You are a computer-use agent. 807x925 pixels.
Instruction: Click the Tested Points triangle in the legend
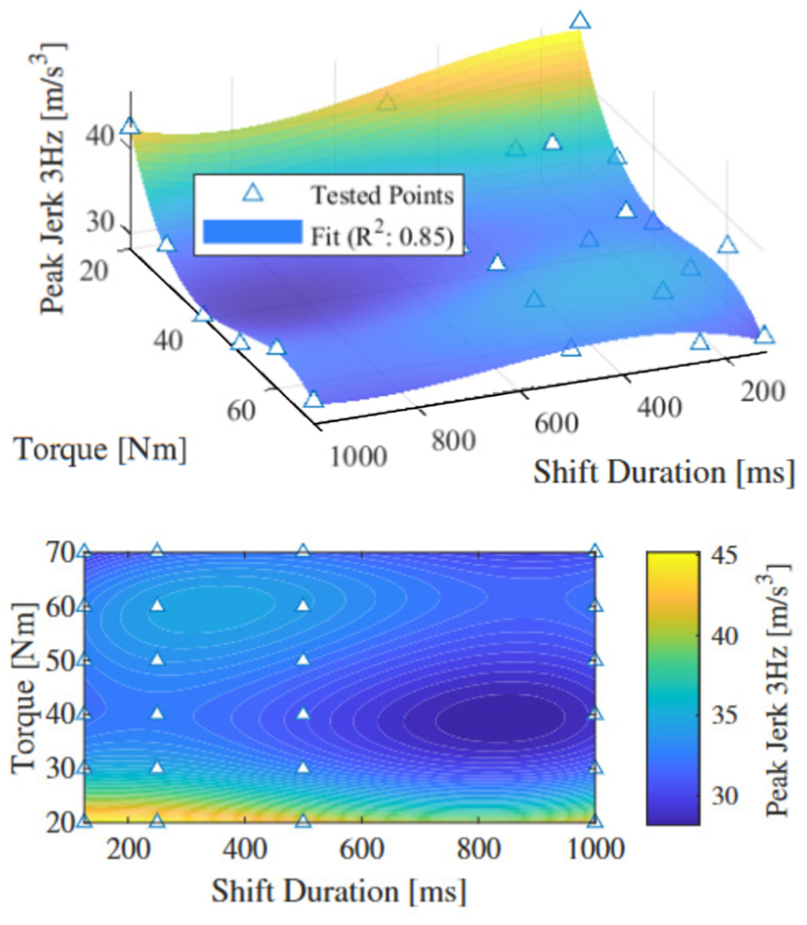click(254, 193)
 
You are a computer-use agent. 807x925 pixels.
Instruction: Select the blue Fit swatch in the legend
click(253, 232)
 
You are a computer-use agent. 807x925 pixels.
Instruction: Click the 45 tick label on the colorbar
click(724, 556)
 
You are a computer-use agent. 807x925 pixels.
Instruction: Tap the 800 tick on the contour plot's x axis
click(479, 850)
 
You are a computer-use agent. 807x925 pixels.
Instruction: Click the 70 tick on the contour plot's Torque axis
click(59, 553)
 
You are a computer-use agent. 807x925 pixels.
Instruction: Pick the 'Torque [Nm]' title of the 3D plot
click(100, 450)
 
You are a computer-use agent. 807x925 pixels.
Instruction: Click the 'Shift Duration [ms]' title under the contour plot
click(339, 891)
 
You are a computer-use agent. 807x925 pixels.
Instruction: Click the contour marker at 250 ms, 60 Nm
click(157, 605)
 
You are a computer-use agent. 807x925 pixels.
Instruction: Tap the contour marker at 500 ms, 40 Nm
click(303, 713)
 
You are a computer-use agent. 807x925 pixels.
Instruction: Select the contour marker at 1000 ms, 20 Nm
click(596, 820)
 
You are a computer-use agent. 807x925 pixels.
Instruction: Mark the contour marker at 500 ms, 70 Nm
click(303, 551)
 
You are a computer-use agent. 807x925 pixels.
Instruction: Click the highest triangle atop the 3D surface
click(580, 20)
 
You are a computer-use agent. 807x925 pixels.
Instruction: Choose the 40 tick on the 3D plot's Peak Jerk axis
click(100, 137)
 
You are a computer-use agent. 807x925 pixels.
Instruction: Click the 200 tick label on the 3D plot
click(763, 391)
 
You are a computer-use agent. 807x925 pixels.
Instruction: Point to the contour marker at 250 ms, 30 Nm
click(157, 767)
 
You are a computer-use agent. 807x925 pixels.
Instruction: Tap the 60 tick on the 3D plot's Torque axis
click(241, 410)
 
